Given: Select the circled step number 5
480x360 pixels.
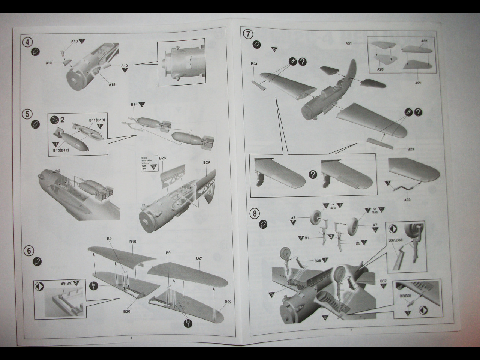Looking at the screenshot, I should (26, 113).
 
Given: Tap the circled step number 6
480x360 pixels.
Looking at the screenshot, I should (28, 250).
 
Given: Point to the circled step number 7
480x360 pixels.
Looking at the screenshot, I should (248, 34).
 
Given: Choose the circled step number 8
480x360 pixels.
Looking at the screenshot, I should (255, 214).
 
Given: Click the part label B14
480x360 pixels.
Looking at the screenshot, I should (134, 105).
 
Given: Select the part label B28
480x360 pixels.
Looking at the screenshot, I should (162, 158).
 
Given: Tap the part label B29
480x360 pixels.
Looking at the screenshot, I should (206, 162).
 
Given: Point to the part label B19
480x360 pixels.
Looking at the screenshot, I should (132, 242).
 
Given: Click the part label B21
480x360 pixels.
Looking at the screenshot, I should (199, 258).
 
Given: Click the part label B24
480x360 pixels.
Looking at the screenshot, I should (254, 64).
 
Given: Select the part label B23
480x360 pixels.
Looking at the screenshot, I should (410, 149).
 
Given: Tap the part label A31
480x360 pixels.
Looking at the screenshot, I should (349, 44).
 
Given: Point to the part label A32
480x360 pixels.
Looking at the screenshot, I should (424, 41).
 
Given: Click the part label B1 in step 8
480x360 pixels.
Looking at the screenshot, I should (306, 238).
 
